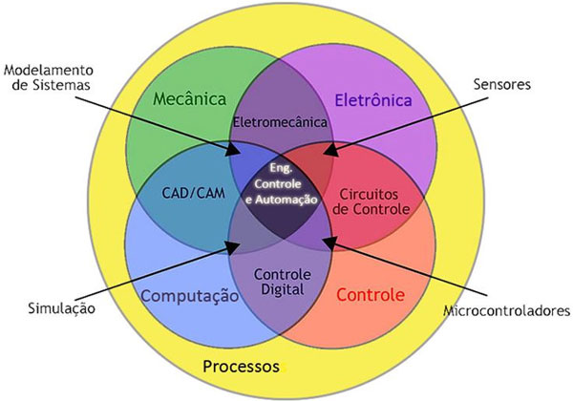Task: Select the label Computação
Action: tap(189, 296)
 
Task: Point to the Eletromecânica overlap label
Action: tap(280, 122)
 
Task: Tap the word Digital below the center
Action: tap(282, 289)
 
